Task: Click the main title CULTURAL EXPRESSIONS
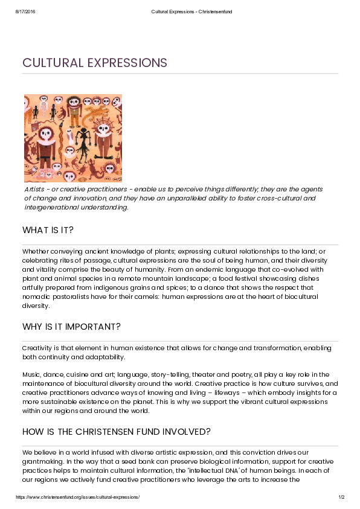[94, 63]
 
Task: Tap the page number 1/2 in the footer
[341, 497]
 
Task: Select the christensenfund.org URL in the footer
[77, 497]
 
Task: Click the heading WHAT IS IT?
[48, 230]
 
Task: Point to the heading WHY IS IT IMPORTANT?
[71, 327]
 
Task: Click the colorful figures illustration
[72, 138]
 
